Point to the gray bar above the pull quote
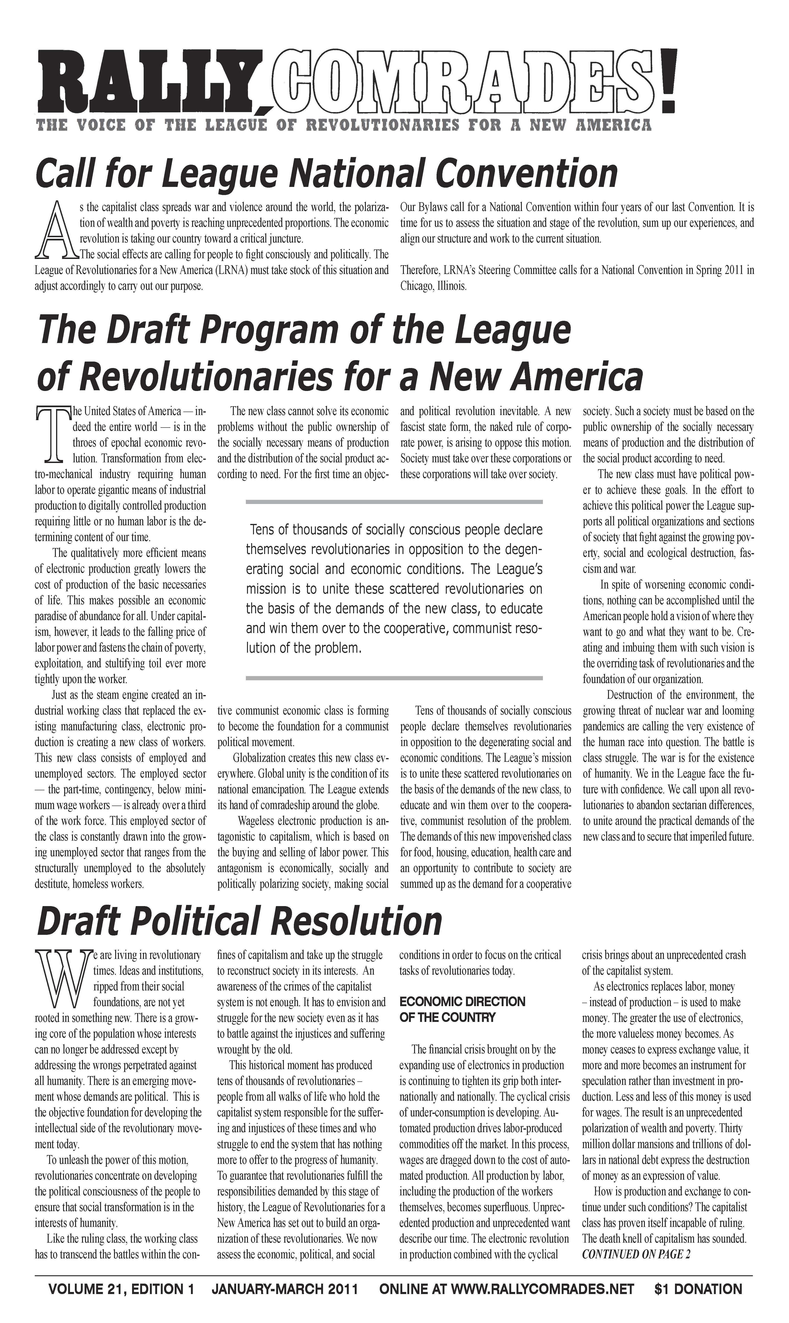pyautogui.click(x=394, y=502)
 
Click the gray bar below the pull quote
pyautogui.click(x=394, y=678)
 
